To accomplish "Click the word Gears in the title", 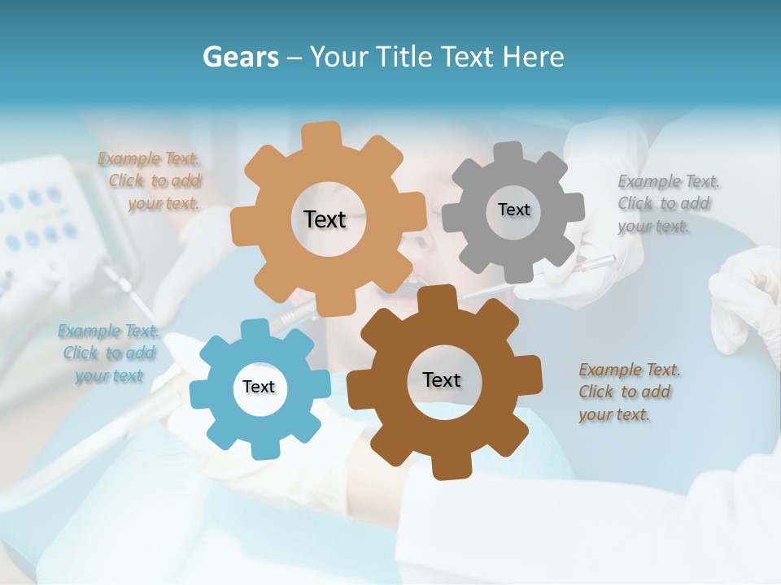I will [240, 57].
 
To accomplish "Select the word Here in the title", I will [533, 57].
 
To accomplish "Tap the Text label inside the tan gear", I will [325, 219].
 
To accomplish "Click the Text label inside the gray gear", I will [514, 210].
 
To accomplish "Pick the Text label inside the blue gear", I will [259, 387].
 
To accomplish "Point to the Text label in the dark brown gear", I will [442, 379].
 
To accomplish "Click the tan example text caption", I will [151, 181].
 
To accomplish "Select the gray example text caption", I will [667, 204].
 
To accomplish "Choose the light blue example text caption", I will [108, 353].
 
